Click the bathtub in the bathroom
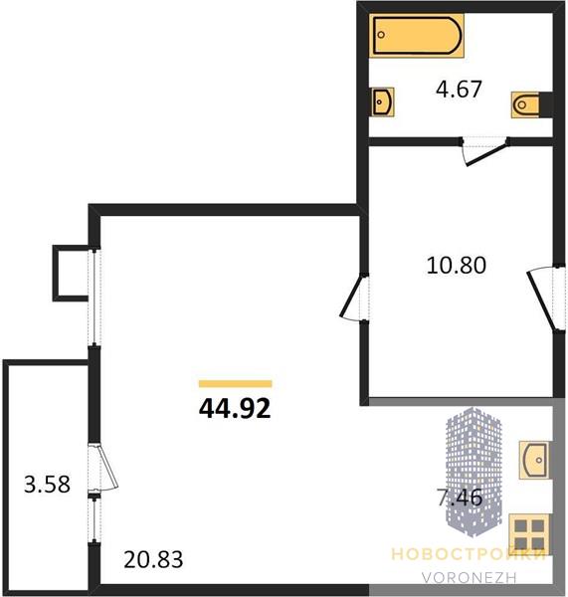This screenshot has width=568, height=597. (417, 36)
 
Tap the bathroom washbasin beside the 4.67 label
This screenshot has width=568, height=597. (383, 101)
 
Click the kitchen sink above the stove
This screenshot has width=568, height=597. (534, 460)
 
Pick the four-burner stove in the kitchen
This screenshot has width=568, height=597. (529, 534)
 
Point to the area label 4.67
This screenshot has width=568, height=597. (459, 89)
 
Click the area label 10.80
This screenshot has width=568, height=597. (456, 265)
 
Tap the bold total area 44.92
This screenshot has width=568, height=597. (235, 408)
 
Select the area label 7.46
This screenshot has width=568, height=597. (460, 497)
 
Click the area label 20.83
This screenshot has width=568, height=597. (153, 559)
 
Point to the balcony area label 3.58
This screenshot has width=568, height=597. (47, 485)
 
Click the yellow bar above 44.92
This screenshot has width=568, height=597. (236, 384)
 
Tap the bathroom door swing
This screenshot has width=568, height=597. (485, 151)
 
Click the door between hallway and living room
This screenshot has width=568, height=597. (354, 298)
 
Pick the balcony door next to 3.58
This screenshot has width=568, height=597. (103, 468)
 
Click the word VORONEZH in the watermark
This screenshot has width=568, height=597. (469, 577)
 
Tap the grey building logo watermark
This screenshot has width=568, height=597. (473, 472)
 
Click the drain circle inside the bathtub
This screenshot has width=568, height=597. (381, 35)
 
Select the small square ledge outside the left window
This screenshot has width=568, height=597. (72, 273)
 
